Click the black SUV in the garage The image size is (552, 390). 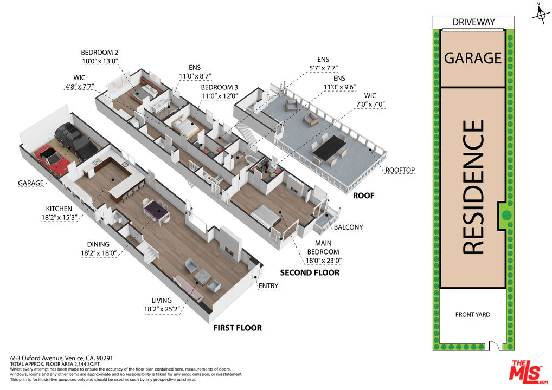tap(74, 140)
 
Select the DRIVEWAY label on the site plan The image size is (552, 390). tap(473, 22)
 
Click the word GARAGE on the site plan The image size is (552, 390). tap(473, 57)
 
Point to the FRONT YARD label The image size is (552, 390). tap(472, 315)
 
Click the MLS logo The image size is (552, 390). tap(525, 372)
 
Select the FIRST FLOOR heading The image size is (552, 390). tap(237, 328)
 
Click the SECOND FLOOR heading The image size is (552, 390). tap(310, 272)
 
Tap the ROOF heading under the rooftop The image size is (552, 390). tap(363, 196)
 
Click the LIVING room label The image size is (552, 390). tap(162, 301)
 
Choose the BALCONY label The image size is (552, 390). tap(348, 227)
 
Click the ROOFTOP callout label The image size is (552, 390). tap(400, 170)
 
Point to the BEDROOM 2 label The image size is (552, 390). tap(99, 53)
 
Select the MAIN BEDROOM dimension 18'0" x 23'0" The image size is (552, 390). tap(324, 260)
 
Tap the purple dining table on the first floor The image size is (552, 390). tap(157, 208)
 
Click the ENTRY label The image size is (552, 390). tap(268, 285)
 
